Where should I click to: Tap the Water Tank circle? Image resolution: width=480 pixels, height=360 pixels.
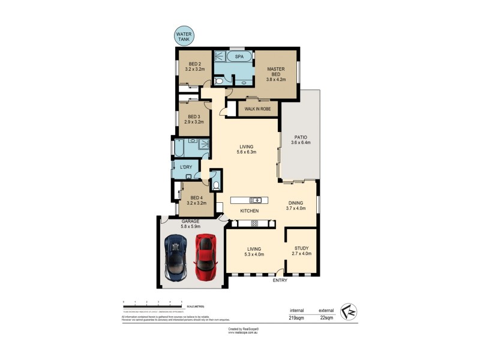click(x=183, y=37)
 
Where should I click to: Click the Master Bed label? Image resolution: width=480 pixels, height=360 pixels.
click(x=276, y=74)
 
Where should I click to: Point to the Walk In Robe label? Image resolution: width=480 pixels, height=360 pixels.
click(x=257, y=109)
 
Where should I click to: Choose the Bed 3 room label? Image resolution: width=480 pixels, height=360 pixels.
click(x=194, y=119)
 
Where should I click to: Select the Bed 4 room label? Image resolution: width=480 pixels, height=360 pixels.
click(x=197, y=200)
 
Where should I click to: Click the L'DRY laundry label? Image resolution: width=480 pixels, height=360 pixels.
click(x=186, y=167)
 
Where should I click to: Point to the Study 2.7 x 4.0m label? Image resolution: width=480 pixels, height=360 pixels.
click(x=302, y=251)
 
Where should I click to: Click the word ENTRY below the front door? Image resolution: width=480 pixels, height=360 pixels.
click(x=280, y=280)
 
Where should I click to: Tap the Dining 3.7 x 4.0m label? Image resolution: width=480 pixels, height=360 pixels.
click(x=296, y=205)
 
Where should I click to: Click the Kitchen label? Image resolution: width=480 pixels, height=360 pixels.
click(x=250, y=211)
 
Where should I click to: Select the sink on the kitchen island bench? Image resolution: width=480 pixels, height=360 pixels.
click(x=256, y=200)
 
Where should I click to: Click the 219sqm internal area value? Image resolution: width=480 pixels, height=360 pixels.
click(x=296, y=317)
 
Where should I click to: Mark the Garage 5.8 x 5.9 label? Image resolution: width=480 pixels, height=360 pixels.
click(x=190, y=223)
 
